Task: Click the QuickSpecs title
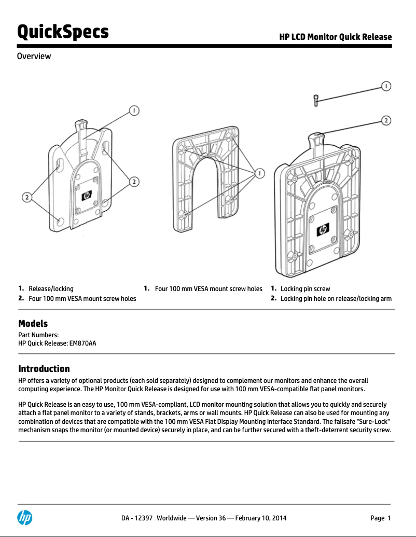pyautogui.click(x=63, y=32)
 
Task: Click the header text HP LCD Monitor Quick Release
pyautogui.click(x=335, y=37)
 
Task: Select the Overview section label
pyautogui.click(x=34, y=56)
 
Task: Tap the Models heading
pyautogui.click(x=33, y=324)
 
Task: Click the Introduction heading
pyautogui.click(x=44, y=369)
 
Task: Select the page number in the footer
pyautogui.click(x=380, y=518)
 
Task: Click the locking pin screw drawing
pyautogui.click(x=315, y=100)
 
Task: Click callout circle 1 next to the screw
pyautogui.click(x=386, y=86)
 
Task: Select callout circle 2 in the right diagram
pyautogui.click(x=386, y=120)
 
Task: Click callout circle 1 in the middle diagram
pyautogui.click(x=260, y=173)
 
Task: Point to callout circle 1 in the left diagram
pyautogui.click(x=134, y=111)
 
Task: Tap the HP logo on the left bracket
pyautogui.click(x=86, y=196)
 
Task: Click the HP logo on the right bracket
pyautogui.click(x=323, y=229)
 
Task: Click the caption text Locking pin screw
pyautogui.click(x=305, y=288)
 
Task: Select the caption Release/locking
pyautogui.click(x=51, y=288)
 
